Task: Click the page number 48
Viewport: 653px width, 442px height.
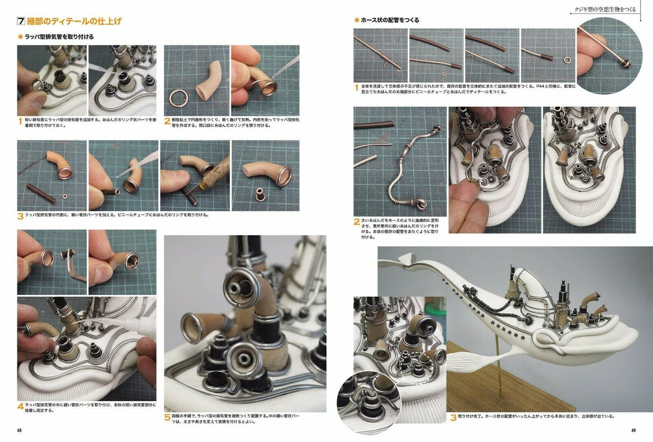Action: (19, 431)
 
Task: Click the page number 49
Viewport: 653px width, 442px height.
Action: (633, 431)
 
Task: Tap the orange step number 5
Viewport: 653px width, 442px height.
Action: (167, 419)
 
